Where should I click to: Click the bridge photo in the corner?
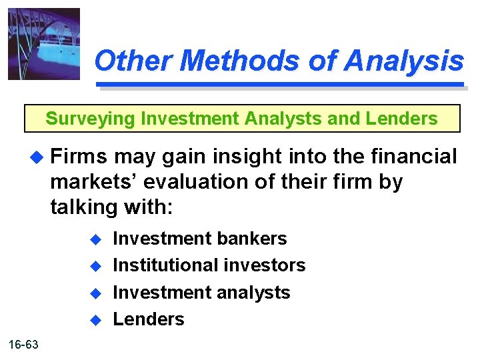click(43, 44)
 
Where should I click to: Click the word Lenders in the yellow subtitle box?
click(405, 119)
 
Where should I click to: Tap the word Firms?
click(79, 157)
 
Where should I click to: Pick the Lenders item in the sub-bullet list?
click(148, 319)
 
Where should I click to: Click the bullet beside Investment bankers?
click(95, 239)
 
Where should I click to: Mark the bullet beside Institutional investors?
click(95, 266)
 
